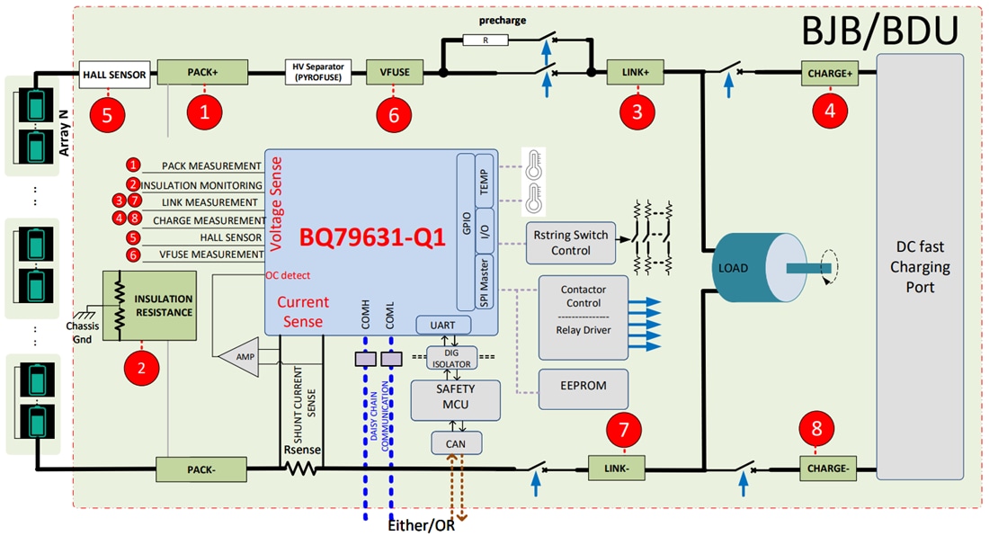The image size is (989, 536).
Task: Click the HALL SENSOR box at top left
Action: [114, 75]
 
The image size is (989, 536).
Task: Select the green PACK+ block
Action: [202, 73]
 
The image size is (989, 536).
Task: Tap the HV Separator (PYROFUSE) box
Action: [320, 73]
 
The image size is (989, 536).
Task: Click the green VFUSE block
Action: [388, 73]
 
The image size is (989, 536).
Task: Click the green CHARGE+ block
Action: [829, 73]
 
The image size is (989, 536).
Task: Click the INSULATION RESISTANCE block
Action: [149, 306]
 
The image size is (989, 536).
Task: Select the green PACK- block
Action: [202, 469]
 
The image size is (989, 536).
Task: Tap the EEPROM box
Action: [583, 385]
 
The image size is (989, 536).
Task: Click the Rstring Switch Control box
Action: [570, 243]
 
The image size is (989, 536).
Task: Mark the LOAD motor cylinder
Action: [746, 267]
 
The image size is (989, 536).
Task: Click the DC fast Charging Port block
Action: [920, 267]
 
